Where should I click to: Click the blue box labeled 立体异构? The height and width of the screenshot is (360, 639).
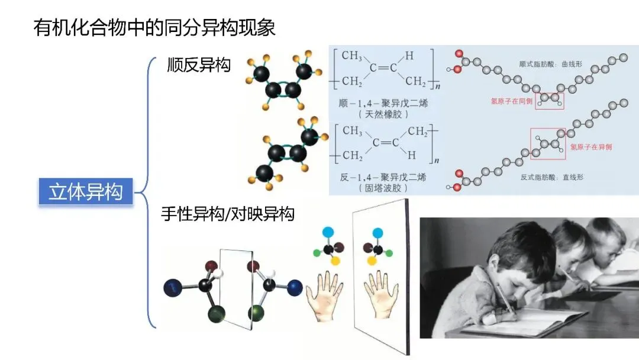pyautogui.click(x=86, y=192)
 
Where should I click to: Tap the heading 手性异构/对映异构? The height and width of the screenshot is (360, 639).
pyautogui.click(x=228, y=214)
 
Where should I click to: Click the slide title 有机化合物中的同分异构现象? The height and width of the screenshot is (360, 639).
pyautogui.click(x=155, y=28)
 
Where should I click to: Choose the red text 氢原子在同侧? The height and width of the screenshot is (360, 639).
pyautogui.click(x=512, y=101)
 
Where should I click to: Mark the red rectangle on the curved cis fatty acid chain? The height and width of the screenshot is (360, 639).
pyautogui.click(x=550, y=101)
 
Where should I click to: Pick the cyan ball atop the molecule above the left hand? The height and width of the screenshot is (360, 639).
pyautogui.click(x=328, y=231)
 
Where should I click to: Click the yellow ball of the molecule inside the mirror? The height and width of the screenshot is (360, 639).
pyautogui.click(x=372, y=261)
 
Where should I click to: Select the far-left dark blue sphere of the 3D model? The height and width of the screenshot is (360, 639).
pyautogui.click(x=172, y=288)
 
